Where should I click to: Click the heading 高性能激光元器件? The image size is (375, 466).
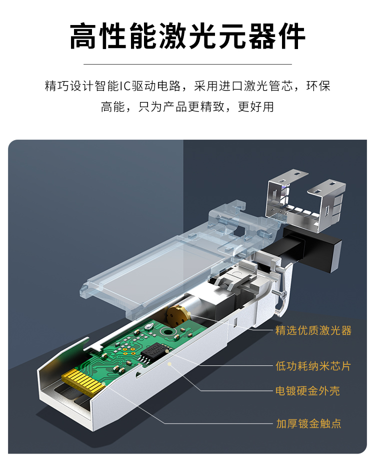pos(187,36)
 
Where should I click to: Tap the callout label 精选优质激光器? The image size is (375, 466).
pos(313,330)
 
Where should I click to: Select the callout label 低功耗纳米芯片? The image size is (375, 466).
pos(313,366)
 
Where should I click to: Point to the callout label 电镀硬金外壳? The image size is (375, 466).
pos(307,390)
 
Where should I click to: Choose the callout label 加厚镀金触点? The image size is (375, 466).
pos(308,423)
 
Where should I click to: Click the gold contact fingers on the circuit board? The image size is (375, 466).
pos(83,381)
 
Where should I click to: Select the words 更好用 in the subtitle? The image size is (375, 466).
pos(256,107)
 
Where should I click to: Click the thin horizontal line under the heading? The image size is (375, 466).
pos(187,64)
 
